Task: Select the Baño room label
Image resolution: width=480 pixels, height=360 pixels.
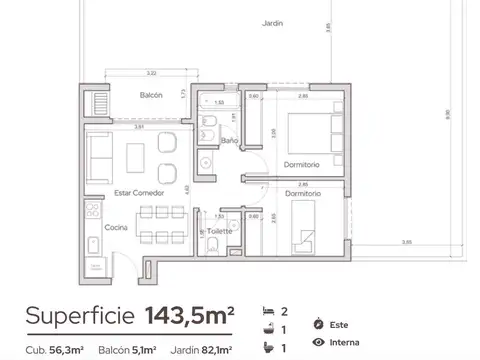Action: click(229, 141)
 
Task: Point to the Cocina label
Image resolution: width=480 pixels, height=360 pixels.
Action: click(116, 229)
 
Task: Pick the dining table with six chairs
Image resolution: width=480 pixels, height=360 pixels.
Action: click(159, 224)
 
